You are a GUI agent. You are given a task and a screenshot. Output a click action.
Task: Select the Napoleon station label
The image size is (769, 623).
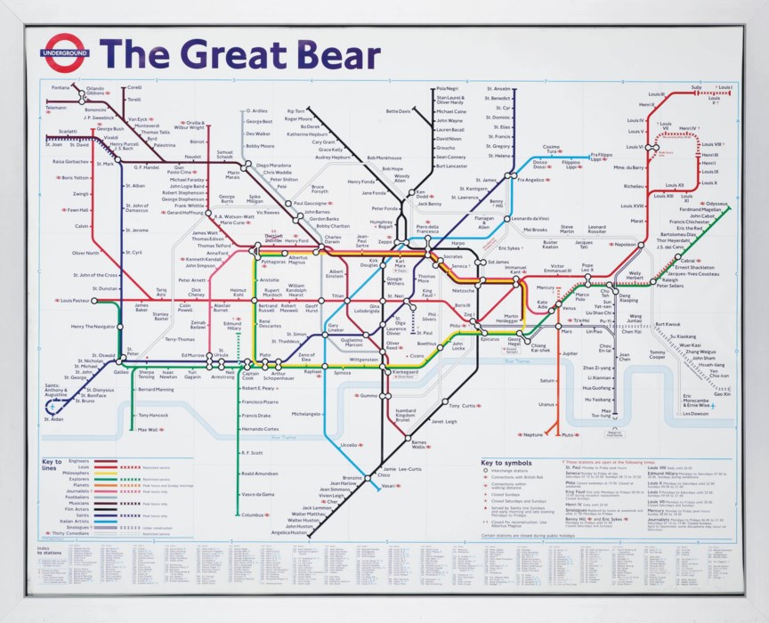624,244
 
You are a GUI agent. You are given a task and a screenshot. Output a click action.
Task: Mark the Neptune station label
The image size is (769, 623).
533,434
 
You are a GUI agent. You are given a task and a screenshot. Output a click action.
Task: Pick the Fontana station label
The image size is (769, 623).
61,87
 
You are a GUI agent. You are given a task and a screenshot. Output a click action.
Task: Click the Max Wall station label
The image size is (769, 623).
147,430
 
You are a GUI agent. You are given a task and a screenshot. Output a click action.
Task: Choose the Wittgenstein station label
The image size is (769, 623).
364,360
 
